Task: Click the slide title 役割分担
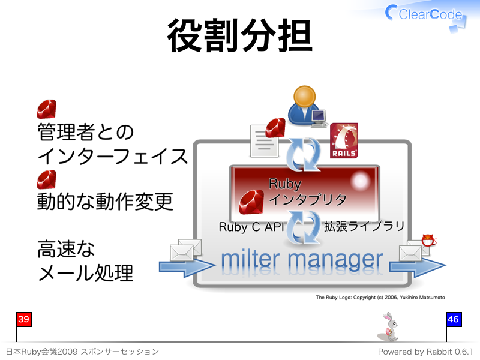(239, 35)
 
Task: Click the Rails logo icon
(344, 140)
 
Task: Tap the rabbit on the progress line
(388, 326)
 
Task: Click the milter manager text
(302, 260)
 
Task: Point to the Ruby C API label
(251, 227)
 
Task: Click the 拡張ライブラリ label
(364, 227)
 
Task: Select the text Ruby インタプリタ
(307, 191)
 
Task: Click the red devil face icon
(428, 241)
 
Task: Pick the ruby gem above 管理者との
(47, 109)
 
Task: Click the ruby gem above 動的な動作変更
(47, 179)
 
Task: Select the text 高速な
(66, 249)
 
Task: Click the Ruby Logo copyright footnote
(380, 297)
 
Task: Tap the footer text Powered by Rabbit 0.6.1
(425, 352)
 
